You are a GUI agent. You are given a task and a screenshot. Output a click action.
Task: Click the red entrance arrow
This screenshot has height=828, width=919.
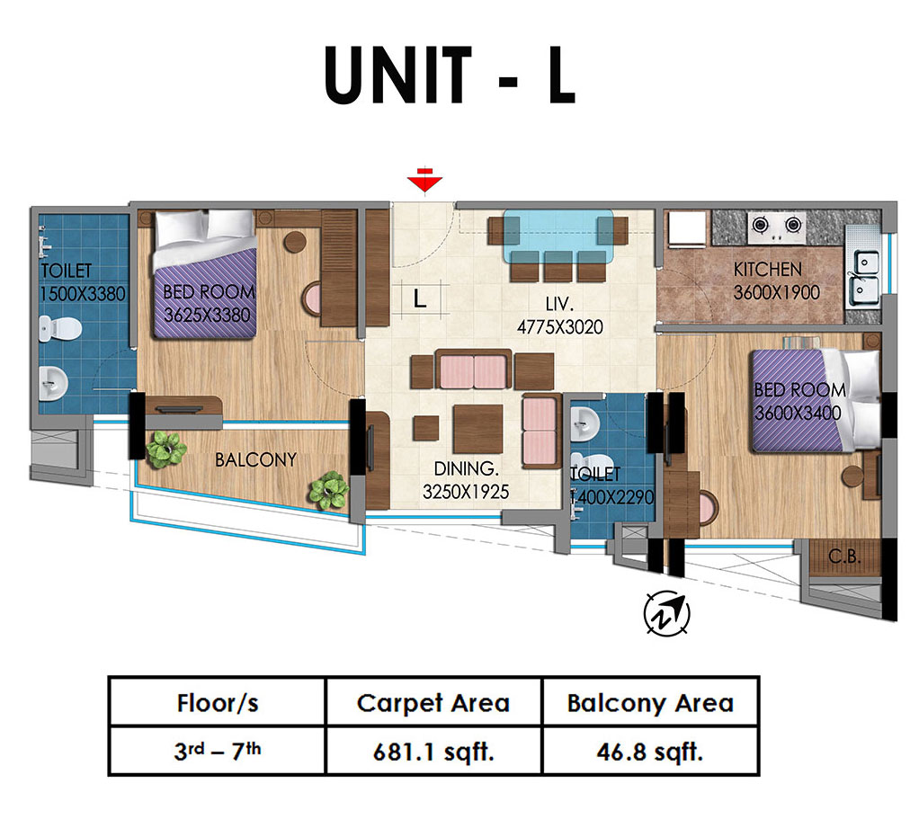[x=425, y=180]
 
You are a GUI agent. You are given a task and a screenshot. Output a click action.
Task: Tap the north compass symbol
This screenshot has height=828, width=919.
[x=666, y=613]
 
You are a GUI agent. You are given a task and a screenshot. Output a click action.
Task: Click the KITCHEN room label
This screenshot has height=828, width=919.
[x=768, y=270]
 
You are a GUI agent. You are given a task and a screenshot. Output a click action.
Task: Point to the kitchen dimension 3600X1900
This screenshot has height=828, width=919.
[x=777, y=292]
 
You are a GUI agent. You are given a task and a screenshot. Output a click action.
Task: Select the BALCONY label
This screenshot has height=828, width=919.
[x=255, y=460]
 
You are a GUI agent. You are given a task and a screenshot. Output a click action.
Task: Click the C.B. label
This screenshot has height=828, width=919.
[x=844, y=556]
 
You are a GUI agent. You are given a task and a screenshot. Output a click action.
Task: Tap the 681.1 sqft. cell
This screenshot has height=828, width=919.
[x=433, y=752]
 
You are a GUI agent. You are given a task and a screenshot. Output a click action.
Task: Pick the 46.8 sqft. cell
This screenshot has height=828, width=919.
[x=650, y=752]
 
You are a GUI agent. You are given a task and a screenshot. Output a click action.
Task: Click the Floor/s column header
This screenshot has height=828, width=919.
[x=218, y=703]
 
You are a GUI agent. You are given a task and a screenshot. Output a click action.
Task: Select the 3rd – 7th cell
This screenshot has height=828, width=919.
[x=218, y=751]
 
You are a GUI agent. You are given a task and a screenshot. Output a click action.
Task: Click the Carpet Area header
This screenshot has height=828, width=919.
[x=433, y=703]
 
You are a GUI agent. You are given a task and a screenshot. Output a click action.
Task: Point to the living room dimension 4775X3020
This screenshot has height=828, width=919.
[x=559, y=327]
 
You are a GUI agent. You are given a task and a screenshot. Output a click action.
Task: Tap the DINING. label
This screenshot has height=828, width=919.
[x=466, y=468]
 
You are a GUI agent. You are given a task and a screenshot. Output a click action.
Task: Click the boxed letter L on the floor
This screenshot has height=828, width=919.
[x=420, y=299]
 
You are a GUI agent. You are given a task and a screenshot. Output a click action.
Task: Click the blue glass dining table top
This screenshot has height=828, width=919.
[x=558, y=236]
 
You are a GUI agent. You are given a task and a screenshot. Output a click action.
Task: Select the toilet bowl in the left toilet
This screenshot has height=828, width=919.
[x=59, y=328]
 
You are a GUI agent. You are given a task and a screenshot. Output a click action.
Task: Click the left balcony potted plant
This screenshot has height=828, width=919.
[x=165, y=450]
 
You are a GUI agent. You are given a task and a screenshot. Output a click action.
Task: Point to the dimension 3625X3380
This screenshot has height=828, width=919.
[x=207, y=316]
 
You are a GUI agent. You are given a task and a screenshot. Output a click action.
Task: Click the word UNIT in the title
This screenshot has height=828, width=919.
[x=398, y=75]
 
